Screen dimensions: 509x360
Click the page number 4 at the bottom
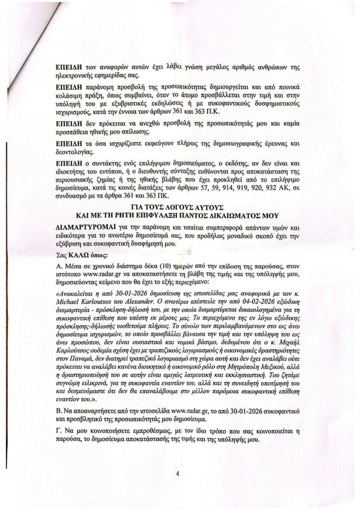(x=177, y=473)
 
